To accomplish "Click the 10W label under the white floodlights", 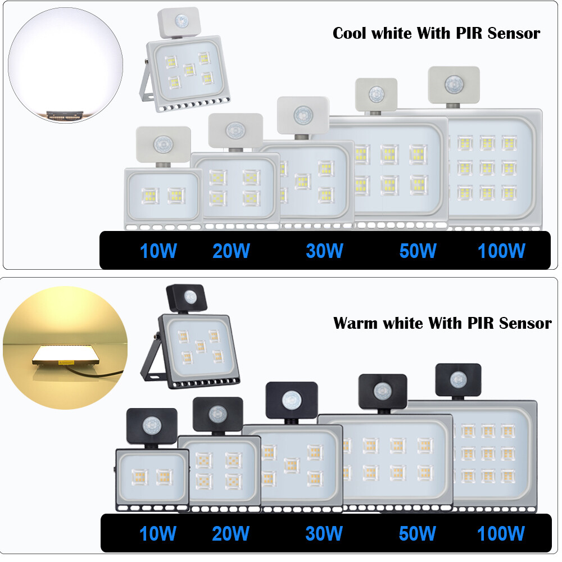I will coord(158,251).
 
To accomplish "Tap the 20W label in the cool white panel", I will coord(231,251).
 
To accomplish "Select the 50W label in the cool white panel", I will coord(418,251).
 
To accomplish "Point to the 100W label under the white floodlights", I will coord(501,251).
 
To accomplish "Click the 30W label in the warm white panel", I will coord(324,533).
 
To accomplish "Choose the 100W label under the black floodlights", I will coord(501,533).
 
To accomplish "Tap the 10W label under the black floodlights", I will coord(158,533).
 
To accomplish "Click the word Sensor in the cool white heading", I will coord(514,33).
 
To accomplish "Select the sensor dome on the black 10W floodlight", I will coord(152,425).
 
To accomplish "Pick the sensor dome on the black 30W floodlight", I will coord(291,400).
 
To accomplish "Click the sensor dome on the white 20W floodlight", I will coord(235,130).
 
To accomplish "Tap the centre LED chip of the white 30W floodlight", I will coord(303,181).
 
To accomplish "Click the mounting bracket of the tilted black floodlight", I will coord(151,365).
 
